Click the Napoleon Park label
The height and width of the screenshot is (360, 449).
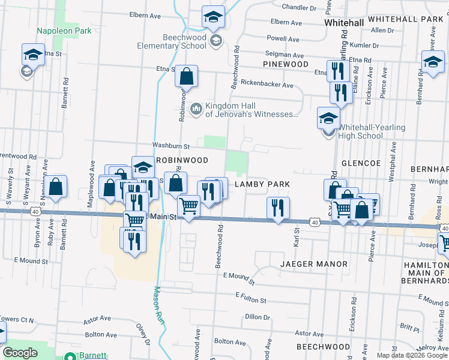(63, 30)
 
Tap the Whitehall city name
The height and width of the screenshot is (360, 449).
(344, 22)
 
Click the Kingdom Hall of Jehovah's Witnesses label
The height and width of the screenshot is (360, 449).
(252, 110)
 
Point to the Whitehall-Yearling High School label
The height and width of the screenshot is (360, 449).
(372, 131)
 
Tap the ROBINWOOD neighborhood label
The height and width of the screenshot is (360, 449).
(182, 160)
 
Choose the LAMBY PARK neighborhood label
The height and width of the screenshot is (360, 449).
(262, 184)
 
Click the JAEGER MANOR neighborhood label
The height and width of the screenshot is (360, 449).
(313, 264)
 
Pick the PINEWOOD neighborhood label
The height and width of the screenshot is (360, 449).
(286, 64)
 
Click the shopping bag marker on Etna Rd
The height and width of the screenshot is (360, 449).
(187, 77)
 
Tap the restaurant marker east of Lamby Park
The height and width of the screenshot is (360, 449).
(278, 209)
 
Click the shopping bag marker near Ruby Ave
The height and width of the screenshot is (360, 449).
(55, 187)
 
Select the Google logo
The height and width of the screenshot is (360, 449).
(20, 353)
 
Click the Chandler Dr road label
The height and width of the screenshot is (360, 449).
(299, 8)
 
